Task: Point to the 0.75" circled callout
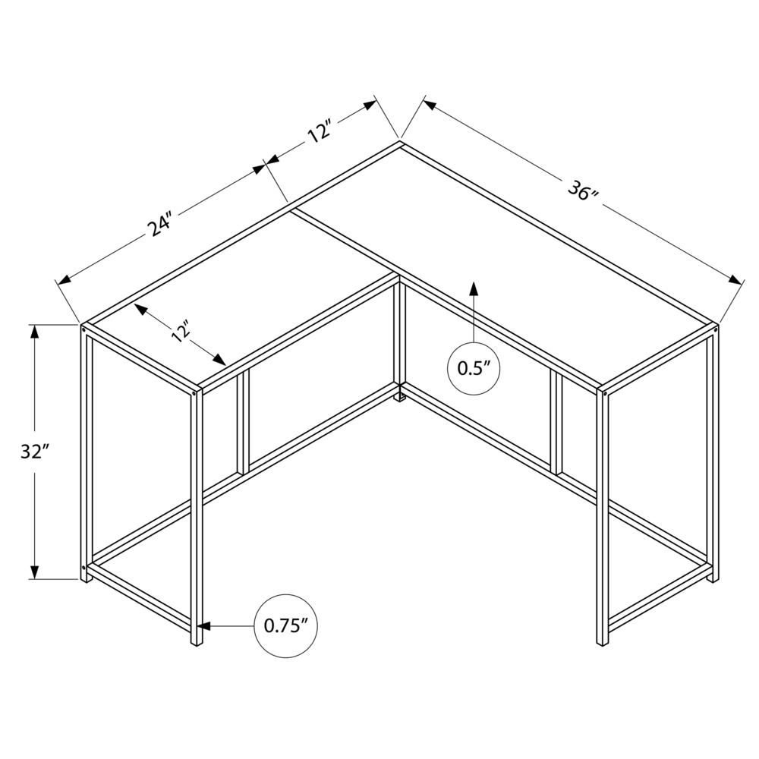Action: click(286, 626)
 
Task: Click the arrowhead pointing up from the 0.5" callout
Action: click(474, 288)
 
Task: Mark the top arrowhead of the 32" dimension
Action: click(34, 333)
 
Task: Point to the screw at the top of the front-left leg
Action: click(195, 393)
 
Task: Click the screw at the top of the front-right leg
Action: click(605, 394)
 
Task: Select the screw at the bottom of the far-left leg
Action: click(84, 567)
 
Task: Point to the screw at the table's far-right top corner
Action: click(715, 331)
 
